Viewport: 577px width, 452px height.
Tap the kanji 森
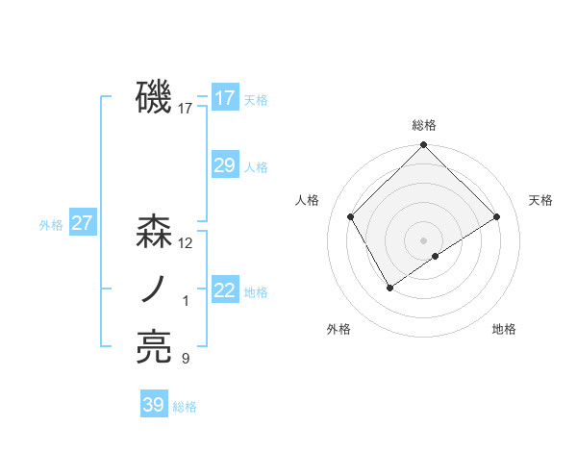[154, 232]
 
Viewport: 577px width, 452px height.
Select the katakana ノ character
[154, 289]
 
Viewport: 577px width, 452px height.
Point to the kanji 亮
[154, 347]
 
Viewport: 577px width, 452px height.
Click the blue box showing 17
[225, 97]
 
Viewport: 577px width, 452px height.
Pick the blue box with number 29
[225, 165]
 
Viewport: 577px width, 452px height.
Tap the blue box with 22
[225, 290]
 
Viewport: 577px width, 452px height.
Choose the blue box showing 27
[83, 224]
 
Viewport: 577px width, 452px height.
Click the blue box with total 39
[154, 405]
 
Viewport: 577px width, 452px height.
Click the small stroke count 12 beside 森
[186, 243]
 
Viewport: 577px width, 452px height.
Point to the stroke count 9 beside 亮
[186, 359]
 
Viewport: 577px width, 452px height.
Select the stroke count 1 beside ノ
[186, 301]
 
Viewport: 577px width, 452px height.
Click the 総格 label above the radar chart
[423, 125]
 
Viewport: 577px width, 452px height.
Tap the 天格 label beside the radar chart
[540, 200]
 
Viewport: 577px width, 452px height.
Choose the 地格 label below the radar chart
[504, 329]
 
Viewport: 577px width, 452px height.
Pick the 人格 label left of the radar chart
[307, 200]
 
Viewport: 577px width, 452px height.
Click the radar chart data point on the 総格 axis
[423, 145]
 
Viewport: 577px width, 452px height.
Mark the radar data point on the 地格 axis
[436, 256]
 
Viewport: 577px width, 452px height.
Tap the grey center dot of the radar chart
[423, 239]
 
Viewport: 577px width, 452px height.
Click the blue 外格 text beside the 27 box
[51, 225]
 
